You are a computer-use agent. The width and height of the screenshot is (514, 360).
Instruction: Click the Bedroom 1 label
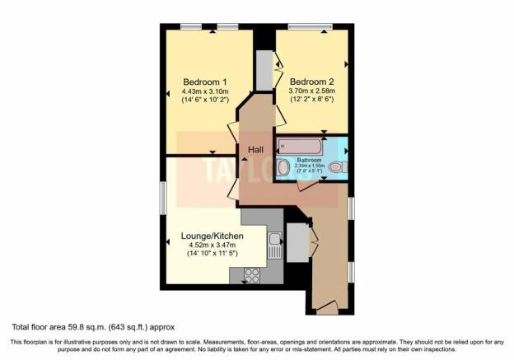click(204, 82)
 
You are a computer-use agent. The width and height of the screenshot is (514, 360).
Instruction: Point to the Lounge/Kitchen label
click(212, 236)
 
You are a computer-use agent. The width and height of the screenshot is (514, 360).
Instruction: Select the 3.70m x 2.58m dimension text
click(311, 91)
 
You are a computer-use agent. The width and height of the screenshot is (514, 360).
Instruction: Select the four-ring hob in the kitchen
click(251, 277)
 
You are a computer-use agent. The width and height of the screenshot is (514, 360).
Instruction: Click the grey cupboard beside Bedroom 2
click(264, 71)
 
